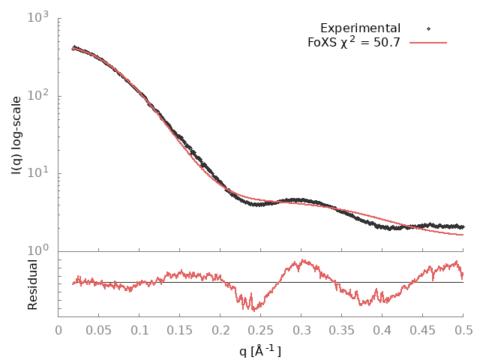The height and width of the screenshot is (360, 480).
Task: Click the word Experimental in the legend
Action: tap(360, 28)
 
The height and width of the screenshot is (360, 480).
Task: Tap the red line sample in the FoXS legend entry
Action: tap(428, 43)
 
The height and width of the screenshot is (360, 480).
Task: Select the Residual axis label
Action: tap(33, 285)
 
